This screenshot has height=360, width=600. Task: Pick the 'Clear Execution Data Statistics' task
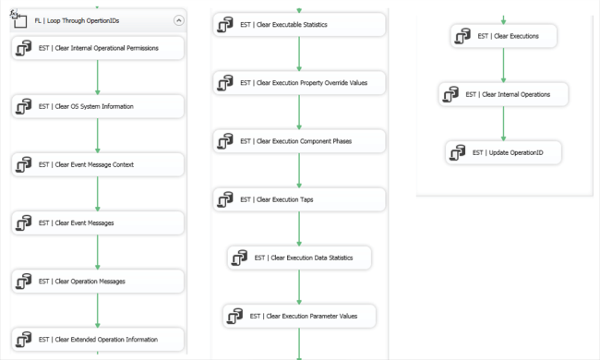pos(299,258)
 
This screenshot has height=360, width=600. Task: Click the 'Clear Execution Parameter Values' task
pos(299,316)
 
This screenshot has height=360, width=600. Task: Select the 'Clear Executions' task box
pos(503,37)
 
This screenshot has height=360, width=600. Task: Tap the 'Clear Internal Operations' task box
pos(503,94)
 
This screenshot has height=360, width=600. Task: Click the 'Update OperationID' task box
pos(503,152)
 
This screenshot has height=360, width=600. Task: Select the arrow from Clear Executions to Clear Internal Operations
pos(503,66)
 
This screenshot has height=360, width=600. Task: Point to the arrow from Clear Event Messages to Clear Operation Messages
pos(98,252)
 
